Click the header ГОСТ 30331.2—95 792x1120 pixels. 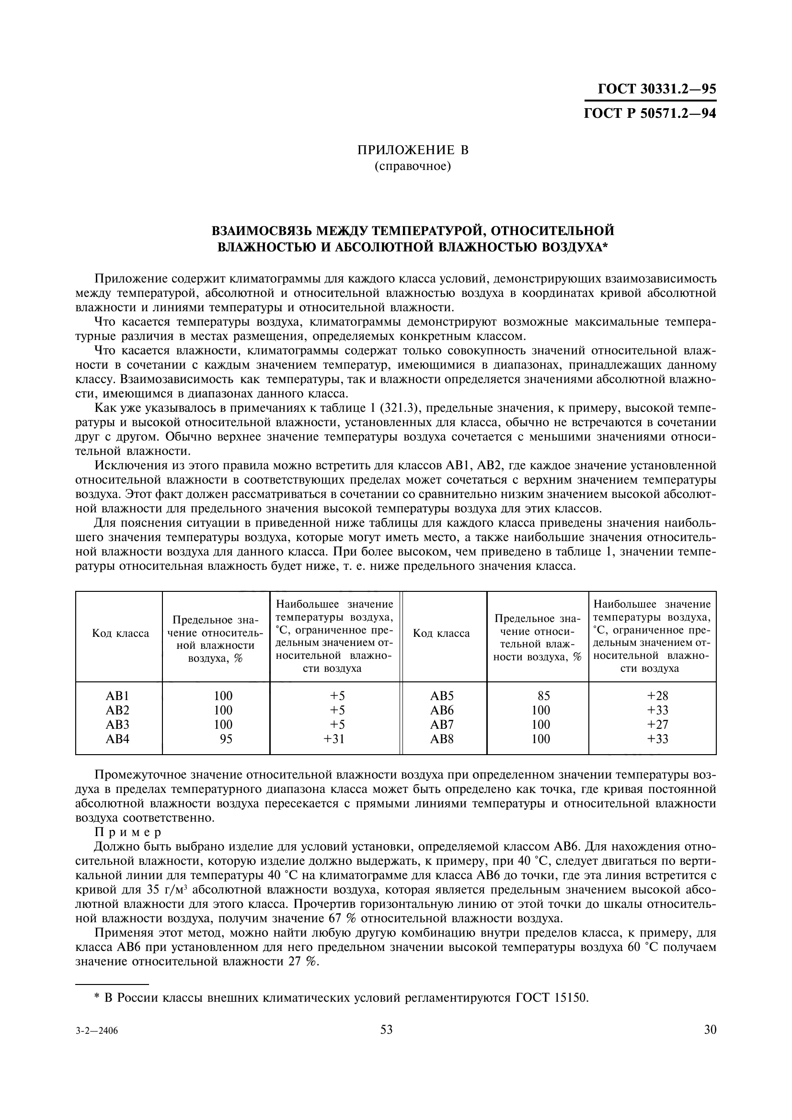[656, 89]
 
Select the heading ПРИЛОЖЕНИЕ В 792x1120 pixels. [413, 150]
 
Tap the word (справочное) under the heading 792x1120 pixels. [413, 166]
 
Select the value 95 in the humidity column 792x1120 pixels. [226, 738]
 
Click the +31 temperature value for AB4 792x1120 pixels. [334, 738]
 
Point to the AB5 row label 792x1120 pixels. [442, 696]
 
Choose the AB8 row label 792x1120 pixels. [442, 738]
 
